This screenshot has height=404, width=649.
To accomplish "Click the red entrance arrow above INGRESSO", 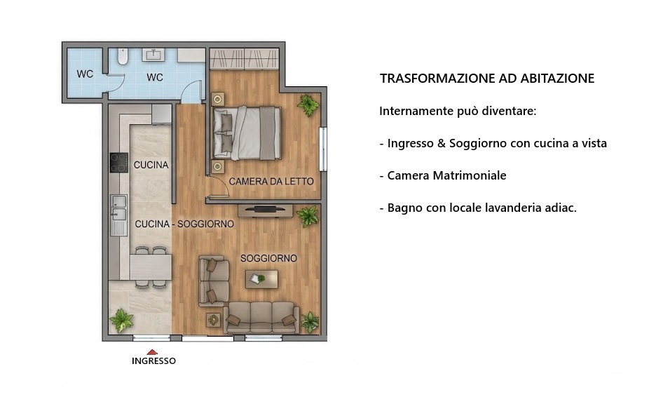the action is (152, 352).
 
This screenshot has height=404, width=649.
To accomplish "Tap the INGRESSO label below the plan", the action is (153, 361).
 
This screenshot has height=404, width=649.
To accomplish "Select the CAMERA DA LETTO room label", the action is (271, 181).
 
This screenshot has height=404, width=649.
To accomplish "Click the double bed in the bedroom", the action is (247, 133).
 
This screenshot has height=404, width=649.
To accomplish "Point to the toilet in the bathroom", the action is (123, 57).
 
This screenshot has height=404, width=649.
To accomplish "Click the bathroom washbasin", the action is (153, 55).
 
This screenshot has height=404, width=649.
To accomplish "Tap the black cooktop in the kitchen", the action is (118, 163).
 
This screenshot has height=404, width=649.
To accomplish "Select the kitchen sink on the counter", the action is (118, 208).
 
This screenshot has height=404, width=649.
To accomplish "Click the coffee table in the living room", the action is (261, 279).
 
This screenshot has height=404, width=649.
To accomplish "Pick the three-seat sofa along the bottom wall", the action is (261, 318).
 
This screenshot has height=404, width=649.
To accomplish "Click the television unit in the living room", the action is (266, 210).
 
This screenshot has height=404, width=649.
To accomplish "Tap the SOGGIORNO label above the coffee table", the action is (268, 258).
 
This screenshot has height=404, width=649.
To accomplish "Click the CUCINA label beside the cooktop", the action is (151, 165).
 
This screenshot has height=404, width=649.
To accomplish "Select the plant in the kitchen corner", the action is (121, 319).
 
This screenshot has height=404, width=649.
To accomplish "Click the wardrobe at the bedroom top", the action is (244, 58).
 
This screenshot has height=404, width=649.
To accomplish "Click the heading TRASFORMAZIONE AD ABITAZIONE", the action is (487, 79).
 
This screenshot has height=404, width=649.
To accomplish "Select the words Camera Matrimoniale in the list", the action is (446, 175).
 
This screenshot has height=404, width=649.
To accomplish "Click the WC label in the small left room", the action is (85, 74).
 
